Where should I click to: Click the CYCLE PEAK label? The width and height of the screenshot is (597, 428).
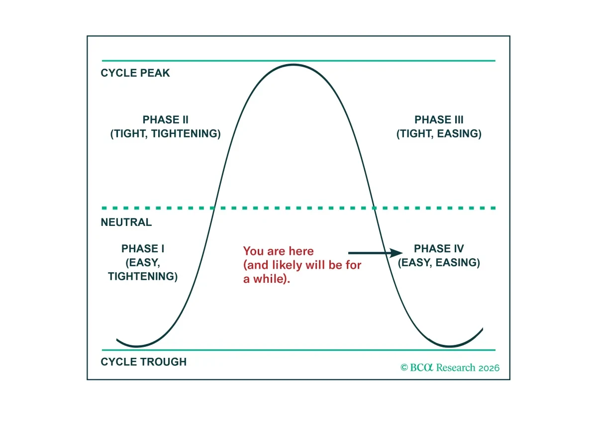pos(135,73)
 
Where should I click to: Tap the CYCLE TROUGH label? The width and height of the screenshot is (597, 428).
pos(144,362)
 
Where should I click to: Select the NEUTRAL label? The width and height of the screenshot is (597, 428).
pos(126,222)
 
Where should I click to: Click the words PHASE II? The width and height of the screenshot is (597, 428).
pos(166,119)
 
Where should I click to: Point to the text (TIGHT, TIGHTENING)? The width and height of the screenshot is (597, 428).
pos(166,133)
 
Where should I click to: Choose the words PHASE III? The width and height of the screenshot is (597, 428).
pos(439,119)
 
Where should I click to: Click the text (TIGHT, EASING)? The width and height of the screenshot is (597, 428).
pos(439,133)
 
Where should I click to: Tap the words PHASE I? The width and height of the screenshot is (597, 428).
pos(143,248)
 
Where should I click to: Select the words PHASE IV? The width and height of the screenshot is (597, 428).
pos(439,248)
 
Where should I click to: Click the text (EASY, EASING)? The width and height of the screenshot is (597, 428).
pos(439,263)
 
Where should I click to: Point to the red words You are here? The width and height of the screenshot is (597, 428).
pos(278,251)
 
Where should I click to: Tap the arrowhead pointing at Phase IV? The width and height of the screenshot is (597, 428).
pos(397,253)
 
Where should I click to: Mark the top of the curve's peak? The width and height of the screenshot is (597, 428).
pos(293,65)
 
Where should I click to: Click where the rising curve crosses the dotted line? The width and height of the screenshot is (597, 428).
pos(213,208)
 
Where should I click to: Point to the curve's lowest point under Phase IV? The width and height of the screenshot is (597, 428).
pos(449,346)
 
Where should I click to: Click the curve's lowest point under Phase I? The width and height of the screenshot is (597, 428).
pos(136,346)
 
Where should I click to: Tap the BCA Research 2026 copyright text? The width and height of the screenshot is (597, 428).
pos(450,367)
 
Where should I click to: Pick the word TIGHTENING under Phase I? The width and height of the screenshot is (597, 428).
pos(143,277)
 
